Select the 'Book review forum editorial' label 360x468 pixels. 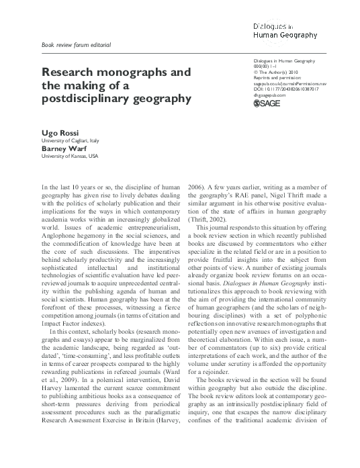click(x=76, y=45)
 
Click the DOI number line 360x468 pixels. click(x=286, y=89)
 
